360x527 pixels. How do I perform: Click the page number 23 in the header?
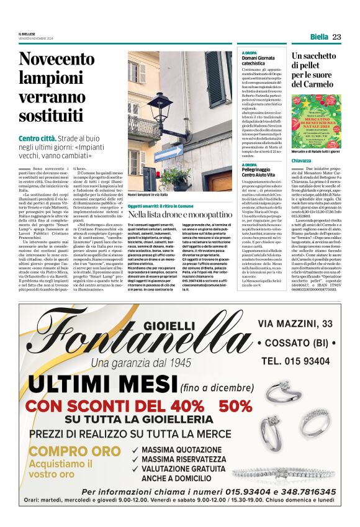click(336, 37)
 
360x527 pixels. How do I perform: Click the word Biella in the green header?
click(319, 37)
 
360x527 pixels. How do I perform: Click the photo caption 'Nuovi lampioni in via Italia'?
click(150, 195)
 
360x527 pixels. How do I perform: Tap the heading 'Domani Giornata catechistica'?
click(258, 60)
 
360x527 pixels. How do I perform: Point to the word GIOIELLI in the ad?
click(168, 326)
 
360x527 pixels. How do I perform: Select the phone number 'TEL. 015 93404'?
click(295, 361)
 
